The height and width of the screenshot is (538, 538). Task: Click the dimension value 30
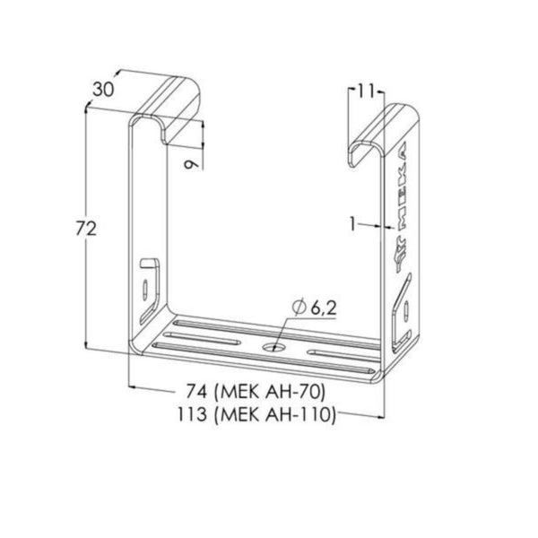103,90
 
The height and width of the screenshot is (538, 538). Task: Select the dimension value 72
86,229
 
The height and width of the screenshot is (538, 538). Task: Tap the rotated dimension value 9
191,164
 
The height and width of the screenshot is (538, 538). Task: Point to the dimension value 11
366,91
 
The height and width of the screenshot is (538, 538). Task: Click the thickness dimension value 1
353,224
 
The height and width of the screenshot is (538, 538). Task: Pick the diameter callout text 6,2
324,308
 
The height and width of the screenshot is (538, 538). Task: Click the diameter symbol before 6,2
299,308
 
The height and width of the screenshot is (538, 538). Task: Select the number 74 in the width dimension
196,391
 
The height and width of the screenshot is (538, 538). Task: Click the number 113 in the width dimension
192,413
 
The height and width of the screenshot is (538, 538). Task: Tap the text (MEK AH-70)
269,392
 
